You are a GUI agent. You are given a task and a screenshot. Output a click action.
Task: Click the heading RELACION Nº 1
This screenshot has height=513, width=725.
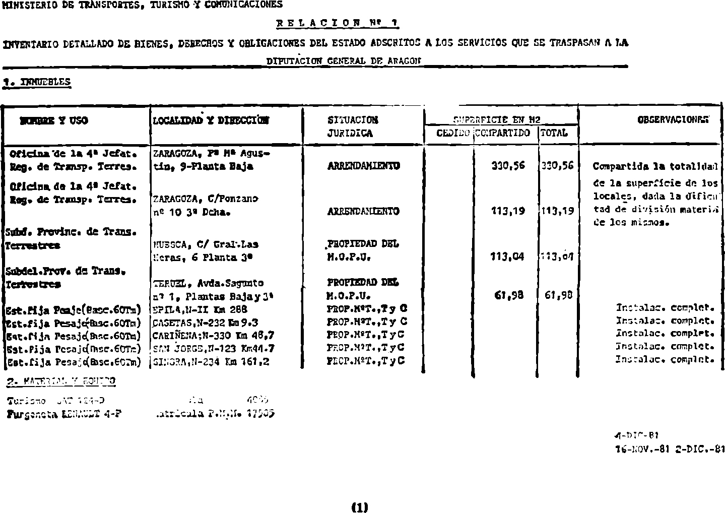tap(338, 22)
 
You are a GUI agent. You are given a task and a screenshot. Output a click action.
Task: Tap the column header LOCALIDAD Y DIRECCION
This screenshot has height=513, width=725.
tap(211, 120)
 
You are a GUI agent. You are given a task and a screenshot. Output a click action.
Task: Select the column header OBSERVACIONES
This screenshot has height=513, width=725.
tap(673, 120)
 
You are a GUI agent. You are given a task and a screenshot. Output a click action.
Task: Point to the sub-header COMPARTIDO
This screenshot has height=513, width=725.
tap(503, 133)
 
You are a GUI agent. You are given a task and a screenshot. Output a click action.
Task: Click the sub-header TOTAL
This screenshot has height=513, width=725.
tap(554, 133)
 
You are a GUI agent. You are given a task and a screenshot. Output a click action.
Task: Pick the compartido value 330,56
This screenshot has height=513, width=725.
tap(508, 166)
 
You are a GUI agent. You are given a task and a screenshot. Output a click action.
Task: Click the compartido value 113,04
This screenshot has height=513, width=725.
tap(507, 256)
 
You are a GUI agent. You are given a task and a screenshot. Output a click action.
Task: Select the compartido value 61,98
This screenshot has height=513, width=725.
tap(510, 295)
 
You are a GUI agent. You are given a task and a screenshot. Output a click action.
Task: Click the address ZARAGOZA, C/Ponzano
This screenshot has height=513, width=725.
tap(205, 199)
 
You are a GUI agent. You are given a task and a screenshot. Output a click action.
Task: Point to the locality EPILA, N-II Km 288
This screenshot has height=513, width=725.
tap(200, 309)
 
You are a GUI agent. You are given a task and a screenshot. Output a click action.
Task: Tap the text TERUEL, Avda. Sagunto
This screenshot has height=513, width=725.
tap(208, 283)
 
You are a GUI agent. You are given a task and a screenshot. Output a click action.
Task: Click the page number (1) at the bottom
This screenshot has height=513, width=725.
tap(360, 507)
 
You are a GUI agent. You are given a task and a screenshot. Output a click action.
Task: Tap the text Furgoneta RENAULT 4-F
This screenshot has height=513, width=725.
tap(64, 414)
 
